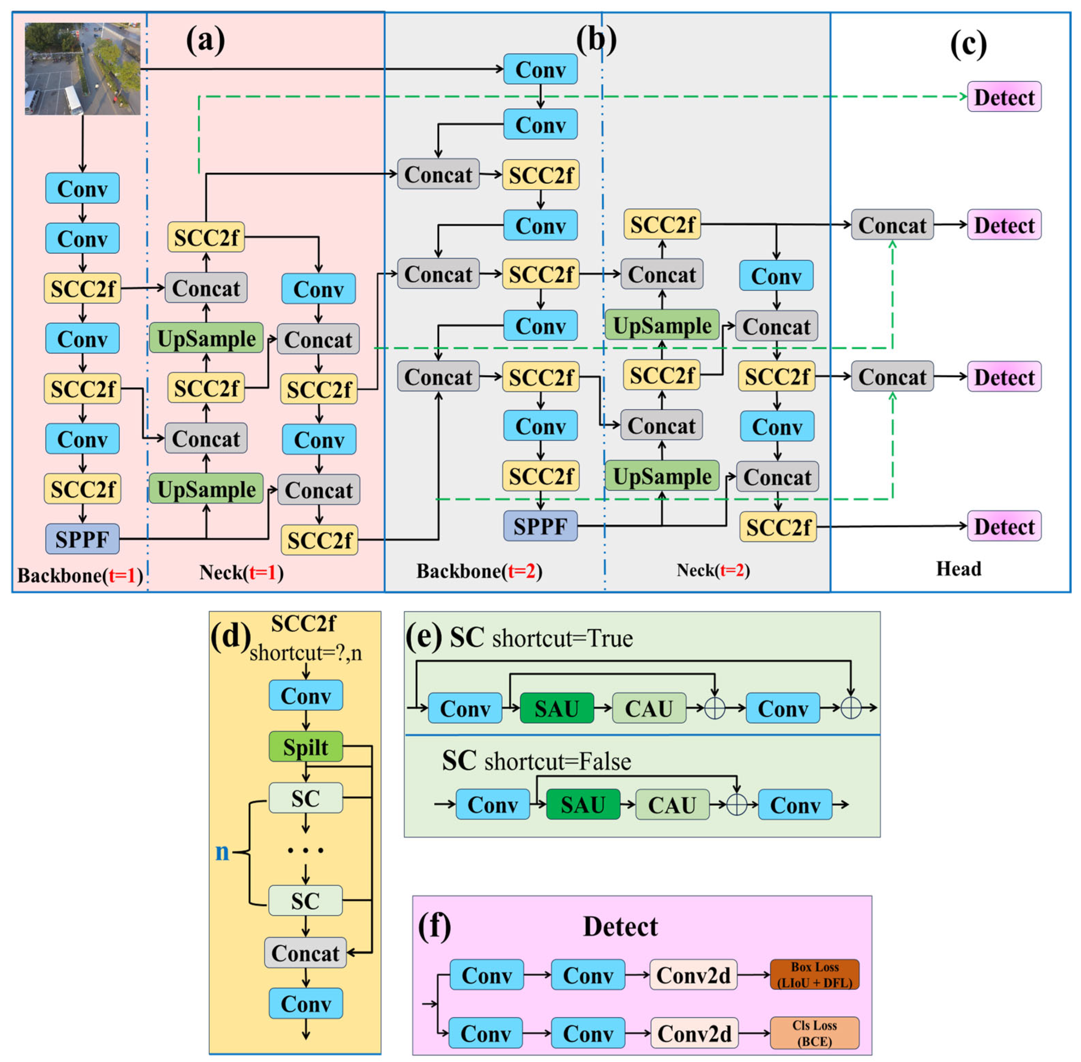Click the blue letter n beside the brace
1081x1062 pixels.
222,851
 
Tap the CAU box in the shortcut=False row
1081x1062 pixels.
672,804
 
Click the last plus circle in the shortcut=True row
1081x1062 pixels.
850,708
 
